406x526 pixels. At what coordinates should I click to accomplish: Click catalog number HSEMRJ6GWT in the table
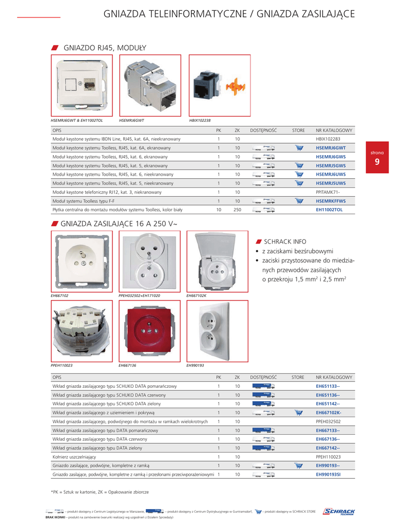(x=331, y=148)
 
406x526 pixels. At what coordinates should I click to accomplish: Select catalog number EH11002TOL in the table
(x=328, y=210)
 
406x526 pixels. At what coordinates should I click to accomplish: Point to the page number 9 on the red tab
(x=377, y=162)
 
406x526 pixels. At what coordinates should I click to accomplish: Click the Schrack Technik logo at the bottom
(x=339, y=512)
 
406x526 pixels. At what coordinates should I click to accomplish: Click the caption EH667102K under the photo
(x=197, y=296)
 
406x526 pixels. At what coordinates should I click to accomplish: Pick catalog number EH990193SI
(x=328, y=475)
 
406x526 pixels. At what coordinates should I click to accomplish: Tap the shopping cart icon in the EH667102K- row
(x=299, y=412)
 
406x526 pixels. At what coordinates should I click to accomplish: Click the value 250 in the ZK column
(x=238, y=210)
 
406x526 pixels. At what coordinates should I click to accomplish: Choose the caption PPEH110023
(x=62, y=365)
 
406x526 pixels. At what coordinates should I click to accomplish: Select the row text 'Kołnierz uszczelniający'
(x=74, y=457)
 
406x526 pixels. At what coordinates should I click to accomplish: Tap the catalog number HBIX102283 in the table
(x=328, y=139)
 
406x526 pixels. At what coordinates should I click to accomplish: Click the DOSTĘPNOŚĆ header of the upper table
(x=263, y=130)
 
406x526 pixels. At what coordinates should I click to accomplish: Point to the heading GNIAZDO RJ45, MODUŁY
(x=105, y=48)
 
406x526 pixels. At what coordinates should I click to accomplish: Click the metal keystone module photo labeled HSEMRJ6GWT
(x=150, y=86)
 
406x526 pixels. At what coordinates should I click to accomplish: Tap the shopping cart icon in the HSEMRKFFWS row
(x=299, y=201)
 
